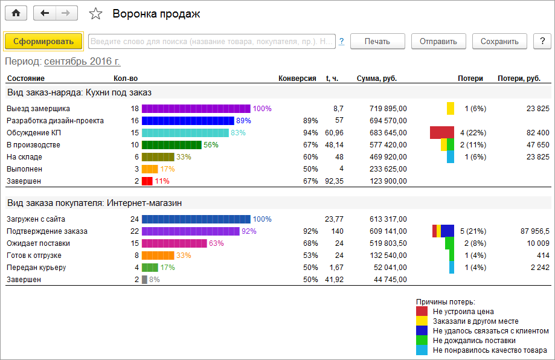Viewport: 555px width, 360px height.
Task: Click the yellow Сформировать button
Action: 43,41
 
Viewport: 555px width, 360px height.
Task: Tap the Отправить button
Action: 438,41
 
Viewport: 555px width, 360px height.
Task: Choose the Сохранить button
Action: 499,41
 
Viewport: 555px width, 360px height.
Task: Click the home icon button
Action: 16,13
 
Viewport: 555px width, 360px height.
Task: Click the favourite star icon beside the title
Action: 95,13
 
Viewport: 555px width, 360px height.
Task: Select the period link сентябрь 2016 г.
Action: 82,62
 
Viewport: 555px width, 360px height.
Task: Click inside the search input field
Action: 211,41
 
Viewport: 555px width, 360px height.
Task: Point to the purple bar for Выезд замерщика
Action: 196,108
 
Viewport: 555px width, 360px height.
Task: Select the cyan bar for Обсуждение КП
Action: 185,132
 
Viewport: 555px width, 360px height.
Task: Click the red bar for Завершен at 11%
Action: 147,181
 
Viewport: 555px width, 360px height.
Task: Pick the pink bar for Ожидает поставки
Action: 175,243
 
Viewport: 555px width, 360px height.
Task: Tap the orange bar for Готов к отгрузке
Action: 158,255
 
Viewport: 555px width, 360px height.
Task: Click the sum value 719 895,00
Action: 385,108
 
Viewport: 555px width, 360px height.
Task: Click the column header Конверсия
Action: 297,78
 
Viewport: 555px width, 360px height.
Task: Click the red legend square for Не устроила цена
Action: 422,311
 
